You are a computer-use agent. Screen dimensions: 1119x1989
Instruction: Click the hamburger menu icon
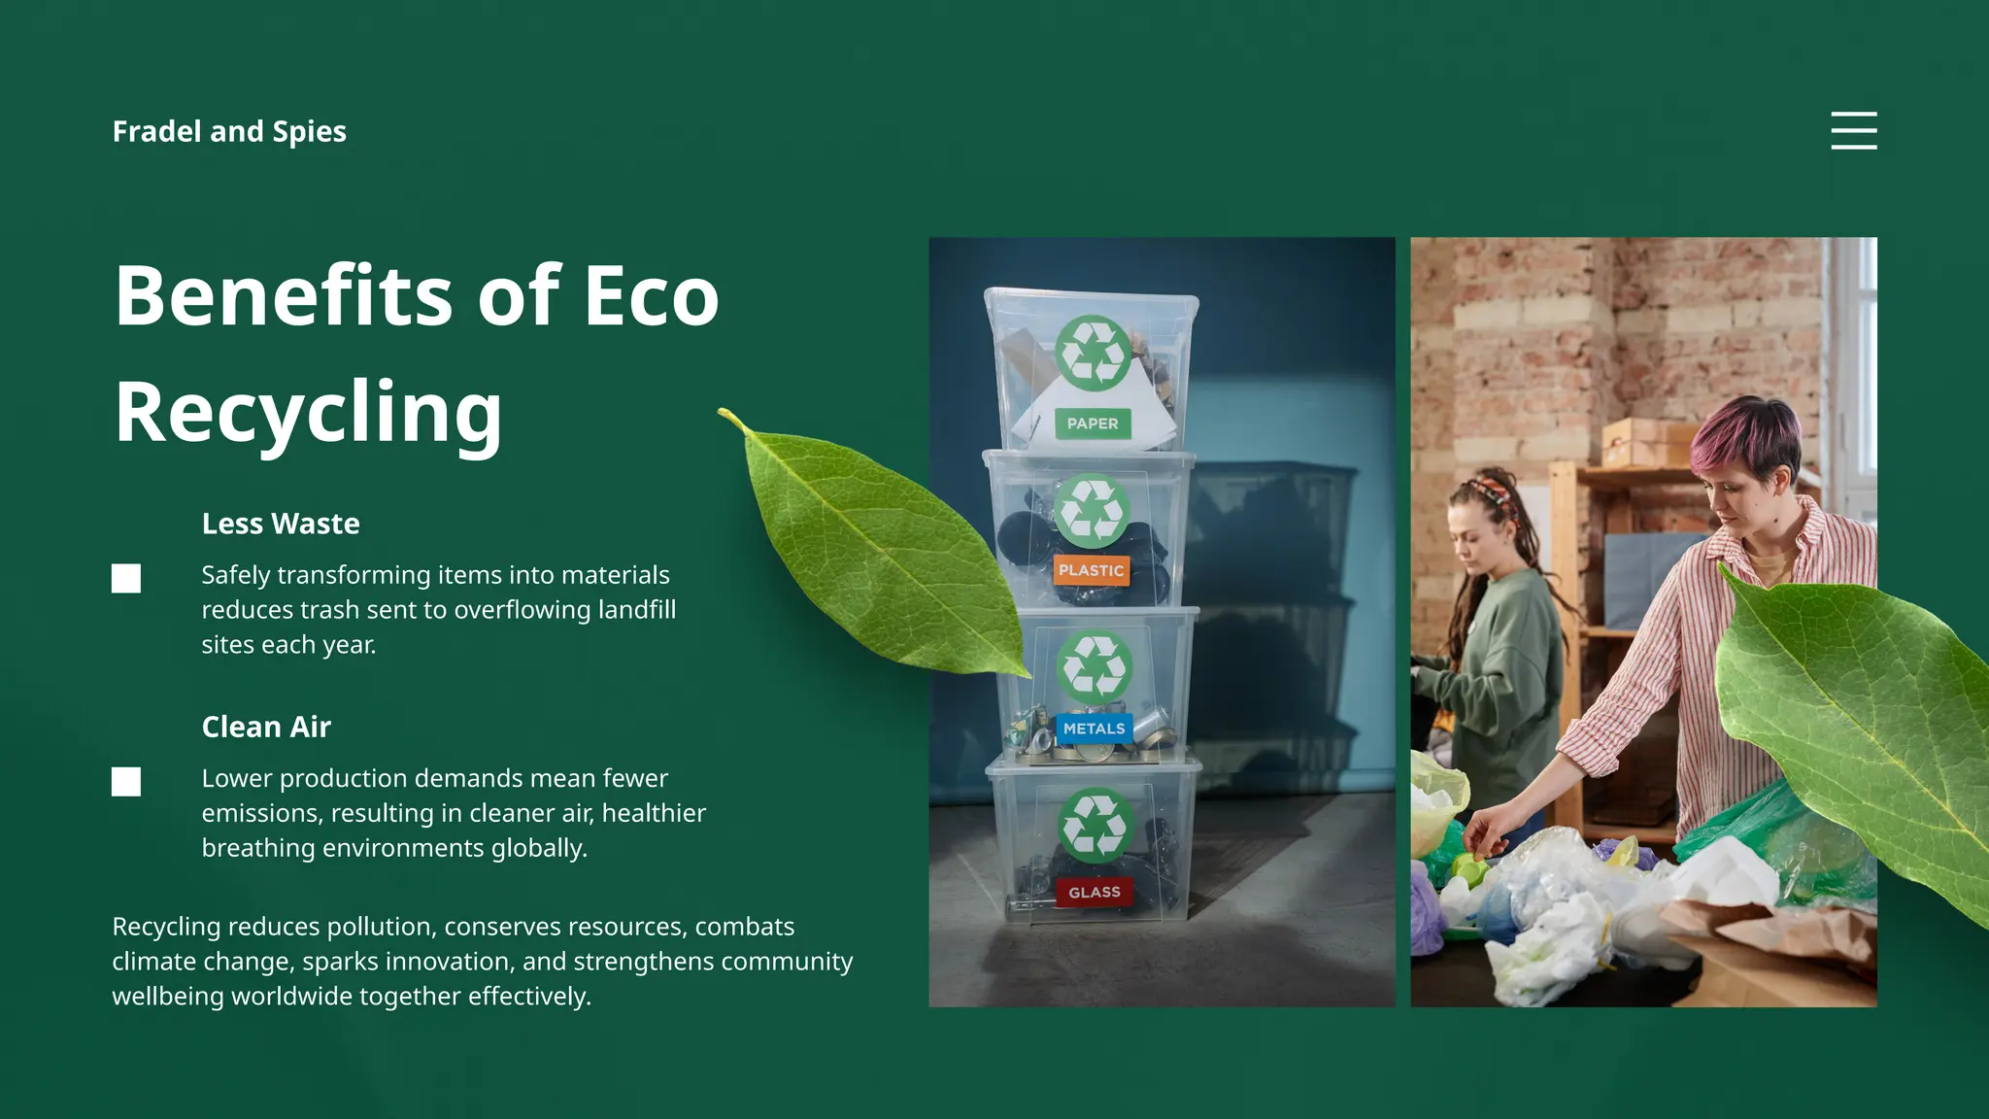pyautogui.click(x=1853, y=130)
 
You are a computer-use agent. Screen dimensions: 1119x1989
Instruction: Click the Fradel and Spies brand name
pyautogui.click(x=229, y=131)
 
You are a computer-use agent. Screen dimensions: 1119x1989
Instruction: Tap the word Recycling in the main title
pyautogui.click(x=308, y=412)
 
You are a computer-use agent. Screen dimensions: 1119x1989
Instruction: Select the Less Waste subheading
pyautogui.click(x=281, y=524)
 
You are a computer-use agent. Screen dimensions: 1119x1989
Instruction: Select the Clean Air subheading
pyautogui.click(x=266, y=727)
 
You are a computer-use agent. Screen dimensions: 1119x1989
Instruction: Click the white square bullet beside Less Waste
pyautogui.click(x=126, y=578)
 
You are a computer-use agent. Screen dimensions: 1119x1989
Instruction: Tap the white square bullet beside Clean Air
pyautogui.click(x=126, y=781)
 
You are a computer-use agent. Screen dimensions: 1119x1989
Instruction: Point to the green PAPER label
pyautogui.click(x=1093, y=424)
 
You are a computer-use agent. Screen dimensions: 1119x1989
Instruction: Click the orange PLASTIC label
pyautogui.click(x=1091, y=570)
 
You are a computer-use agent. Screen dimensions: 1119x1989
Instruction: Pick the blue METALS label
pyautogui.click(x=1094, y=729)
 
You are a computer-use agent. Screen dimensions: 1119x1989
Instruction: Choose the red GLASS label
pyautogui.click(x=1095, y=893)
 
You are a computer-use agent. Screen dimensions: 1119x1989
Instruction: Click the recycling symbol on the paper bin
pyautogui.click(x=1094, y=353)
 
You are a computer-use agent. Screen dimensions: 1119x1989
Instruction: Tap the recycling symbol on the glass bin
pyautogui.click(x=1096, y=826)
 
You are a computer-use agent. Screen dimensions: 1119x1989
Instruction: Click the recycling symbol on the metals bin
pyautogui.click(x=1095, y=667)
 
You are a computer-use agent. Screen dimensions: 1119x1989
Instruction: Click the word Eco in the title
pyautogui.click(x=651, y=295)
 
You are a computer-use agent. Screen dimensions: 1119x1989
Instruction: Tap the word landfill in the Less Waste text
pyautogui.click(x=637, y=610)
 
